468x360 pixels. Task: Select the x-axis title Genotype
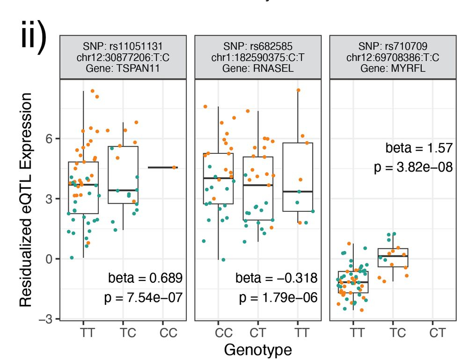point(258,349)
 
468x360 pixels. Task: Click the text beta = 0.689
point(145,279)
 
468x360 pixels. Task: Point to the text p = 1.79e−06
point(278,298)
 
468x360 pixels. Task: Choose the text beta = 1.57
point(419,148)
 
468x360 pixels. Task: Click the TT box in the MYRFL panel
point(353,282)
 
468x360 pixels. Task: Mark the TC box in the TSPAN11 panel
point(123,175)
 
